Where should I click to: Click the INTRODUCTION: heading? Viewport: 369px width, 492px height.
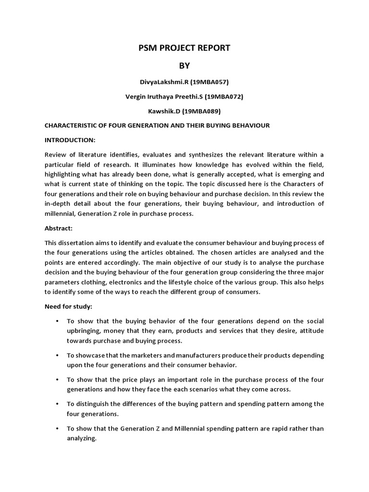pos(70,140)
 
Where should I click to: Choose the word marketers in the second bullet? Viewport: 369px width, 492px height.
pos(137,355)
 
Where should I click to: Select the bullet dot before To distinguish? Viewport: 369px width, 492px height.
pos(57,404)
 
